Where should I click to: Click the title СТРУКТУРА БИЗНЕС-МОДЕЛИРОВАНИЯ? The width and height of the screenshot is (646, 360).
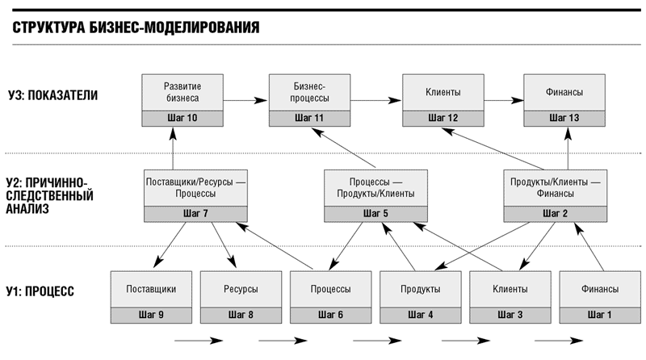pos(136,27)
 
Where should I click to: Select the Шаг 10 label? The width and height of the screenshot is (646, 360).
pos(182,118)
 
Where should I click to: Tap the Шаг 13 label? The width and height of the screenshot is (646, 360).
pos(564,118)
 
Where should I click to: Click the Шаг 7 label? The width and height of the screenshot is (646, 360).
pos(195,213)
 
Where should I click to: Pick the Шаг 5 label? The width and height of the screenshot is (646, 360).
pos(375,213)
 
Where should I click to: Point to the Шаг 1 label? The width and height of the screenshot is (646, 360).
pos(599,315)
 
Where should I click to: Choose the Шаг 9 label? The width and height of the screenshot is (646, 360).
pos(151,315)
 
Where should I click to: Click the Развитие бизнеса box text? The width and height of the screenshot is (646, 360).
pos(182,92)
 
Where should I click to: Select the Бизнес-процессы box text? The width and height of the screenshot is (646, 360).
pos(309,92)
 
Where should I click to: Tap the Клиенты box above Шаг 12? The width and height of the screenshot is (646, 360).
pos(443,92)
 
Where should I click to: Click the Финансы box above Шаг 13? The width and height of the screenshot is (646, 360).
pos(564,92)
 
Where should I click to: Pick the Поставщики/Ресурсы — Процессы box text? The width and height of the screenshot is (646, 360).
pos(195,187)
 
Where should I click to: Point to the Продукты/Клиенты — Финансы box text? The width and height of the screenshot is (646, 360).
pos(555,187)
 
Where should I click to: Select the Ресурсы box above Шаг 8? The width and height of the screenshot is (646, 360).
pos(241,289)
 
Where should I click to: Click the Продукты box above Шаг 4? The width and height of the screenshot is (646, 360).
pos(420,289)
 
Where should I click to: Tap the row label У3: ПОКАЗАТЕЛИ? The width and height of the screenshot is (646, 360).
pos(52,95)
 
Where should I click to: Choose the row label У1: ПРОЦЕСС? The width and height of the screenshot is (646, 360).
pos(40,291)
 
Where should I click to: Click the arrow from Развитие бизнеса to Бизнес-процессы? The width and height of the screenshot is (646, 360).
pos(245,100)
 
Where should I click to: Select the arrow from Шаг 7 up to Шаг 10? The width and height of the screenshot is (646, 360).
pos(173,149)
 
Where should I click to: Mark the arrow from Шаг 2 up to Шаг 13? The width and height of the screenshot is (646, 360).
pos(568,149)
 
